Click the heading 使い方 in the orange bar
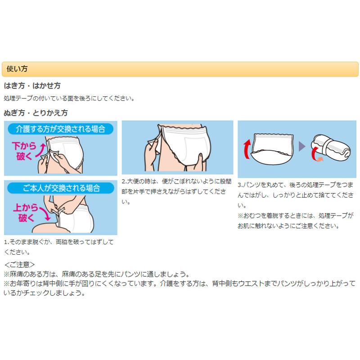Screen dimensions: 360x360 tap(17, 69)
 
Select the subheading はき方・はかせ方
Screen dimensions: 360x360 tap(32, 85)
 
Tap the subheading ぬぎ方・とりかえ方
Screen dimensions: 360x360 tap(36, 113)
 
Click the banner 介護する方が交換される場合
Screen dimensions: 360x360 tap(61, 129)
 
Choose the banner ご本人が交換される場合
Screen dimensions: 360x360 tap(61, 188)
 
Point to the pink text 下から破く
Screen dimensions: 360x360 tap(24, 151)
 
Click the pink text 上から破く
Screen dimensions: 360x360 tap(26, 212)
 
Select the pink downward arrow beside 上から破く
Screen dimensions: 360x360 tap(45, 213)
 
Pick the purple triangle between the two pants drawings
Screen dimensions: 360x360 tap(302, 147)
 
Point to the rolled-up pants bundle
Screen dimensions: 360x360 tap(331, 148)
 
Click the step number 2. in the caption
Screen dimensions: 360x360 tap(124, 181)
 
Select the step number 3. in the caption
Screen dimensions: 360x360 tap(240, 185)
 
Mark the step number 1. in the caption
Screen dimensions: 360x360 tap(6, 242)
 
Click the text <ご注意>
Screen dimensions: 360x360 tap(19, 265)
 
